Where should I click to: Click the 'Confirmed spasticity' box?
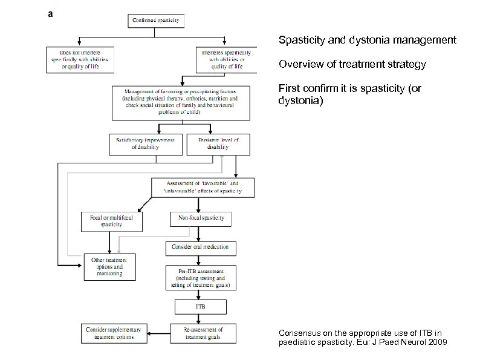tap(157, 21)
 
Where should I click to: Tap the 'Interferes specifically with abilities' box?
tap(224, 59)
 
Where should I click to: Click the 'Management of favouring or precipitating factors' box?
tap(181, 102)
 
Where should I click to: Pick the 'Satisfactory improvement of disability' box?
tap(146, 143)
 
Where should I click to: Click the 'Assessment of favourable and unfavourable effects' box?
tap(203, 186)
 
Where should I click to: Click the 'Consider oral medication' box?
tap(201, 248)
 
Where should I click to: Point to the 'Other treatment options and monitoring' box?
tap(109, 266)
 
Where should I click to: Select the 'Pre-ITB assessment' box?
tap(201, 277)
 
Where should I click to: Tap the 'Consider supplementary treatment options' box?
tap(114, 333)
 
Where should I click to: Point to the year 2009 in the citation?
tap(438, 342)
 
